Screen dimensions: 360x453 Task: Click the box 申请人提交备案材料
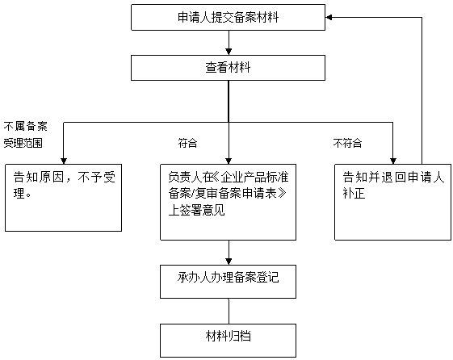pos(229,17)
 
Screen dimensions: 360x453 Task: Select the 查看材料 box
pos(229,68)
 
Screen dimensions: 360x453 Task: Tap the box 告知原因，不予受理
pos(63,197)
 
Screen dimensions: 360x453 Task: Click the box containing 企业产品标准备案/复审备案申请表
pos(229,202)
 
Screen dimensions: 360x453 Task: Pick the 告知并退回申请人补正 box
pos(392,201)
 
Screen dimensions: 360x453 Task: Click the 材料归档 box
pos(229,340)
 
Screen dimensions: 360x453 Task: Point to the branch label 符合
pos(187,143)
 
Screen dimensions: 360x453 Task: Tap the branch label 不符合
pos(347,143)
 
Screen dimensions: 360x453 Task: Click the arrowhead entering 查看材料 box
pos(229,51)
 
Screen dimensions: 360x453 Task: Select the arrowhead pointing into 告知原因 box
pos(63,159)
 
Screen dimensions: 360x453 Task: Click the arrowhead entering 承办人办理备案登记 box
pos(229,262)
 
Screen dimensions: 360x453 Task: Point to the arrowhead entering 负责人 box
pos(229,159)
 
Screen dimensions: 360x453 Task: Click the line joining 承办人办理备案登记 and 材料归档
pos(229,311)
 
